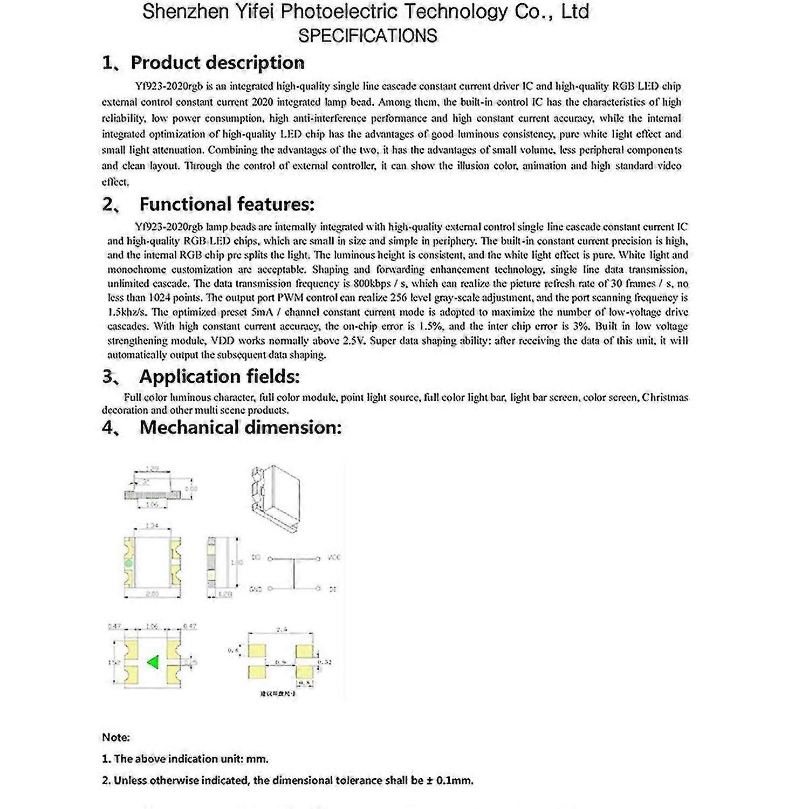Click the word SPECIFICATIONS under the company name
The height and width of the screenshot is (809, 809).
367,36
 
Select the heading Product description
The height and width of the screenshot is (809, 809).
217,63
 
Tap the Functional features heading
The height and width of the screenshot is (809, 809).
227,204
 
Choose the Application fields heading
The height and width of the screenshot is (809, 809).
219,376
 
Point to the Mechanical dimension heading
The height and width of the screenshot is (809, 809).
240,427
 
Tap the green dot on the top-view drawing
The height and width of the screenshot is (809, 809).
128,564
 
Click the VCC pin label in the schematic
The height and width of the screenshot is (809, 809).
334,558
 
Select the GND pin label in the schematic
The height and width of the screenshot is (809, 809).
255,589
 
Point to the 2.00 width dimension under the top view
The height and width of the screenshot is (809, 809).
152,594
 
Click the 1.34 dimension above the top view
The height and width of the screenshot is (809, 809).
152,525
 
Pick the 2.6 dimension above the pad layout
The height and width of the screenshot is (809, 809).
281,629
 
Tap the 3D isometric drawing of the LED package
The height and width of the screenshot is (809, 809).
275,493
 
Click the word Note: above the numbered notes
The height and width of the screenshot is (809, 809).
116,737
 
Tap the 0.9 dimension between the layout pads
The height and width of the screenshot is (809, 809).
281,662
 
